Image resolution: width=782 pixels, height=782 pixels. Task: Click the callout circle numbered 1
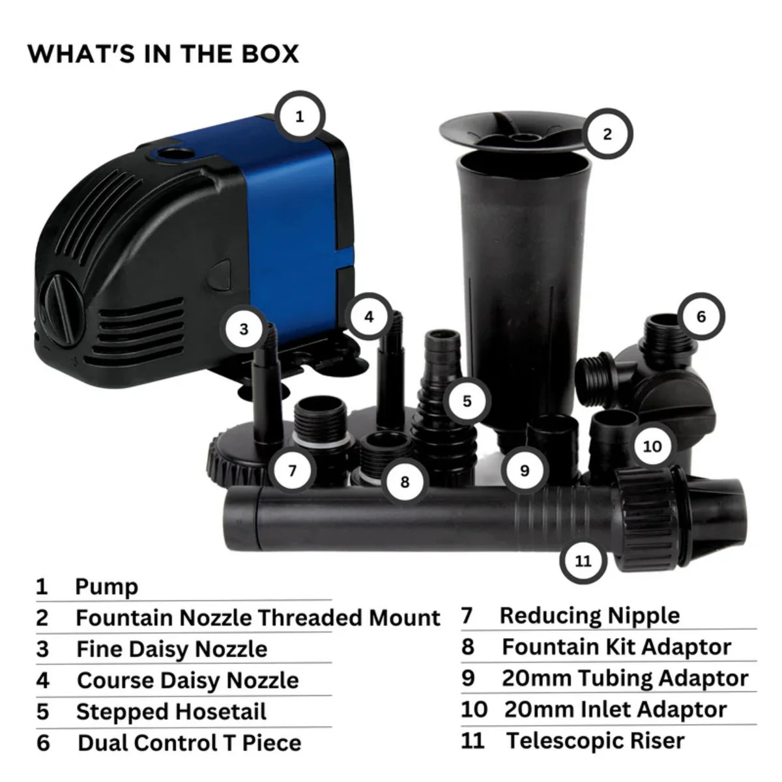300,117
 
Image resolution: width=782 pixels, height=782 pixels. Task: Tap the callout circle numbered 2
607,135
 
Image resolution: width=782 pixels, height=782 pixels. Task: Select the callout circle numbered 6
701,317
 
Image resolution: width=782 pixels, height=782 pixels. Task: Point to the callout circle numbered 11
583,560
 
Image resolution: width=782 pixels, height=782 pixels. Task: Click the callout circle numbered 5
467,401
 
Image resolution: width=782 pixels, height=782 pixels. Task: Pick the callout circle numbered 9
525,471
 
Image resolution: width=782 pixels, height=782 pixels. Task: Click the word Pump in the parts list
107,586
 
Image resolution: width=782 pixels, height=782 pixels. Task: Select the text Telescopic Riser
596,741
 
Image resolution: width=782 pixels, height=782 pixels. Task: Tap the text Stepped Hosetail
171,712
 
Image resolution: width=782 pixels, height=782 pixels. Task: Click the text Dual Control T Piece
190,743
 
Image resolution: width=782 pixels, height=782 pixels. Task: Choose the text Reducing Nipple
590,616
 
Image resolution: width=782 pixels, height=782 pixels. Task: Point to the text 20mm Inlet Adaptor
615,710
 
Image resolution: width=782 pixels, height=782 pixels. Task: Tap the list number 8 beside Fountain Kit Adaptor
468,647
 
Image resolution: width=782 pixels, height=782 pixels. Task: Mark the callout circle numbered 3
244,329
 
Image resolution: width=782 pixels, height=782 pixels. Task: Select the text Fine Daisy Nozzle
171,649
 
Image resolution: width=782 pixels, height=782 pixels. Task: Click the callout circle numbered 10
652,446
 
